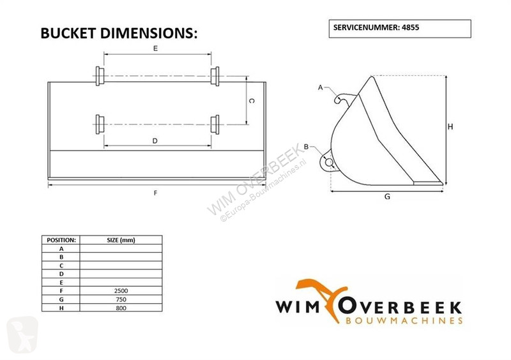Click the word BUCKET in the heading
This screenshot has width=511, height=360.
68,33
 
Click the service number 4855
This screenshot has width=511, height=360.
410,27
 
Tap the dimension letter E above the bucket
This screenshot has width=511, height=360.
155,49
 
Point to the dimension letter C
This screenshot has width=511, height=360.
252,101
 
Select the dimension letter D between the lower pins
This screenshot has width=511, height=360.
155,140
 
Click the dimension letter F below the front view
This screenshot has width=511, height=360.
155,193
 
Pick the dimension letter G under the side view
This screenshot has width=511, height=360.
387,197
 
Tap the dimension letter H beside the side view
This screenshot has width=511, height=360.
450,127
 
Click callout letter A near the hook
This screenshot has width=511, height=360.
321,87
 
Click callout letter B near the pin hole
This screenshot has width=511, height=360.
307,147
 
